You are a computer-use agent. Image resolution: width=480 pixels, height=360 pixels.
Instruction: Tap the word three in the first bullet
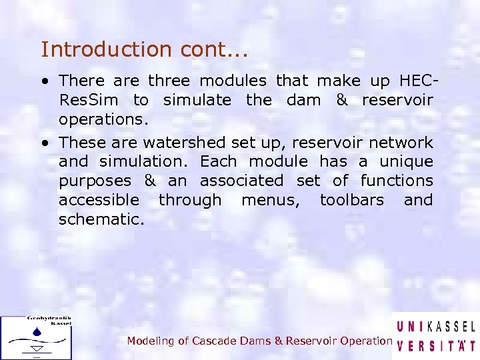click(169, 81)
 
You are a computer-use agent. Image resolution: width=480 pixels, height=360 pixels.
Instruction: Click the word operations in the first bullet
click(100, 120)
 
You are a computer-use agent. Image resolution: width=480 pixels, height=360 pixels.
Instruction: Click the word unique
click(406, 162)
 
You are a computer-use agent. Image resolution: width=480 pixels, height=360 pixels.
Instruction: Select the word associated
click(241, 181)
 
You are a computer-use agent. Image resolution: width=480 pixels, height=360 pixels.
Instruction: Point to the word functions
click(397, 181)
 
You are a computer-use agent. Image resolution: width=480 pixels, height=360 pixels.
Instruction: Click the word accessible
click(99, 201)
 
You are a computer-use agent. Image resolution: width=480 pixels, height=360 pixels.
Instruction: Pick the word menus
click(271, 201)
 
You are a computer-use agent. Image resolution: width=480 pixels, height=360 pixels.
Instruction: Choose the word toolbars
click(352, 201)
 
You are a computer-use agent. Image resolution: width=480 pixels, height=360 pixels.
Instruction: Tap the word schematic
click(101, 219)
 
